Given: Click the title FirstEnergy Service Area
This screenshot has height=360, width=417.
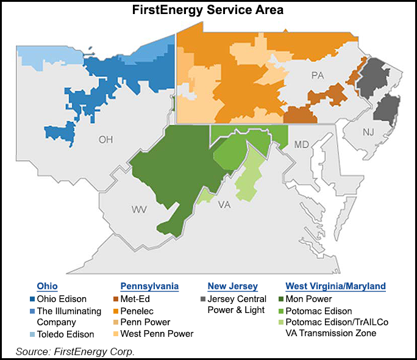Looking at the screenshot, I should point(208,10).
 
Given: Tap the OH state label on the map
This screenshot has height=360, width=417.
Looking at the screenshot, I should point(106,139).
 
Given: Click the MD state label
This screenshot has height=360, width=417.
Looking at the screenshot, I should point(302,145).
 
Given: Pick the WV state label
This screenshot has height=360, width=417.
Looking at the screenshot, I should point(139,210).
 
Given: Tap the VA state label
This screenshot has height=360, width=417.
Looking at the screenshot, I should point(225,205).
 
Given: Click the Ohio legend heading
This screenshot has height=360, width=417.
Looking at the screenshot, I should point(48,286).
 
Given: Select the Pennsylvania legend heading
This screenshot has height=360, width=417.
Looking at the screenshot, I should point(149,286).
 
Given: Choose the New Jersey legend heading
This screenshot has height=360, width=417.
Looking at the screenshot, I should point(233,286).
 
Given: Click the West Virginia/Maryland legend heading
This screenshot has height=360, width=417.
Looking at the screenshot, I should point(335,286).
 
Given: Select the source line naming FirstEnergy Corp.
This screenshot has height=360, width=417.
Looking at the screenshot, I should point(76,351).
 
